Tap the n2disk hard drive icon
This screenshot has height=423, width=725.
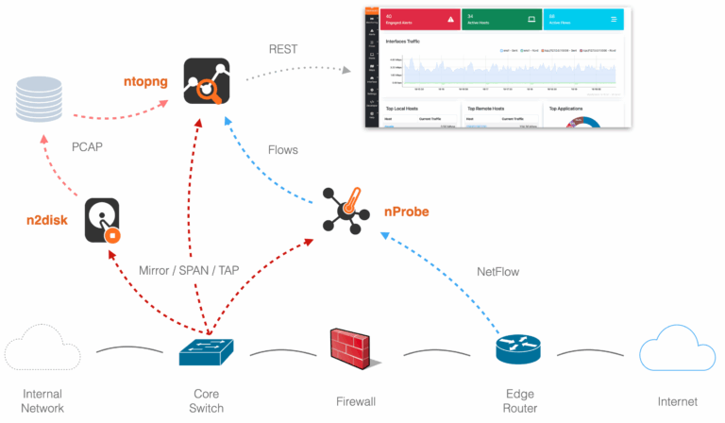[103, 220]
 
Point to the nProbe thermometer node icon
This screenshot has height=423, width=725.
[342, 210]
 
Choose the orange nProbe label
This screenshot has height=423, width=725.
[406, 211]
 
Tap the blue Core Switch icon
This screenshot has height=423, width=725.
[206, 352]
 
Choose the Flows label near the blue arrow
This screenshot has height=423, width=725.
[283, 149]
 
